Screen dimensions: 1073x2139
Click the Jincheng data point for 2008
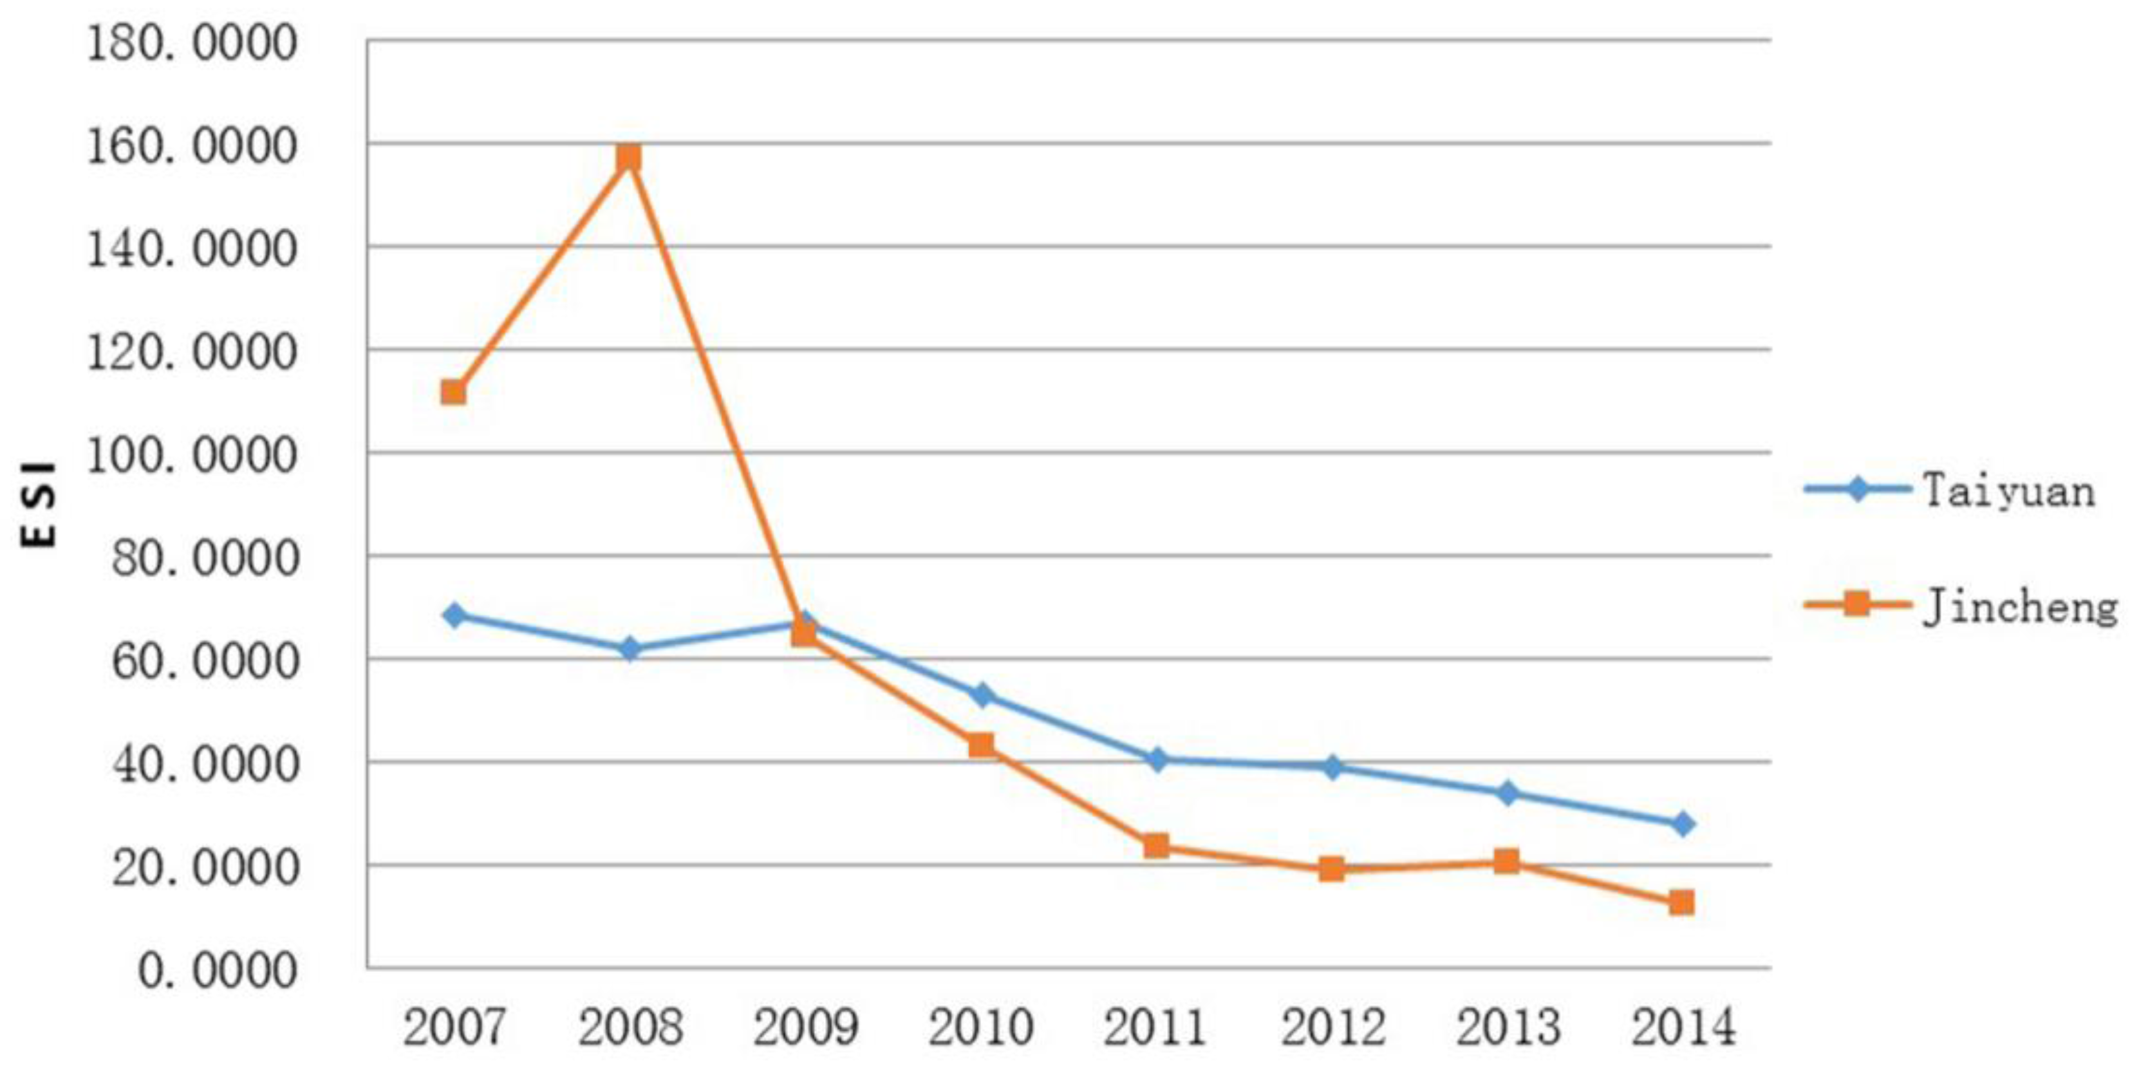tap(629, 157)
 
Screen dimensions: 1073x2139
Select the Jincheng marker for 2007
tap(453, 392)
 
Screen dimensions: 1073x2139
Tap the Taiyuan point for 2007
tap(454, 615)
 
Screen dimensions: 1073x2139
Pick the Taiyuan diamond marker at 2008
tap(630, 649)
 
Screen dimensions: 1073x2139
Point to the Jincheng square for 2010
tap(982, 745)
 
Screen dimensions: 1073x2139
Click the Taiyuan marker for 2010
tap(982, 695)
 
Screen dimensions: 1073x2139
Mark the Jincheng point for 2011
tap(1157, 846)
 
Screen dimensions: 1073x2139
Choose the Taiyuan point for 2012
tap(1332, 767)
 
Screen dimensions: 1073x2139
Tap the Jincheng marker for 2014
tap(1681, 902)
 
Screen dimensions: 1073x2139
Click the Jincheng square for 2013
tap(1507, 861)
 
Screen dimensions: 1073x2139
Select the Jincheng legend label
tap(2019, 607)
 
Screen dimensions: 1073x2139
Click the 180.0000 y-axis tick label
tap(192, 43)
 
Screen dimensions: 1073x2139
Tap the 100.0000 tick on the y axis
tap(192, 456)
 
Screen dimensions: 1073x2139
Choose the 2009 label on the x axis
tap(805, 1027)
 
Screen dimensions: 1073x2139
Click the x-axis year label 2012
tap(1332, 1027)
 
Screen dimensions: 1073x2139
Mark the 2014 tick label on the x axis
tap(1683, 1027)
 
